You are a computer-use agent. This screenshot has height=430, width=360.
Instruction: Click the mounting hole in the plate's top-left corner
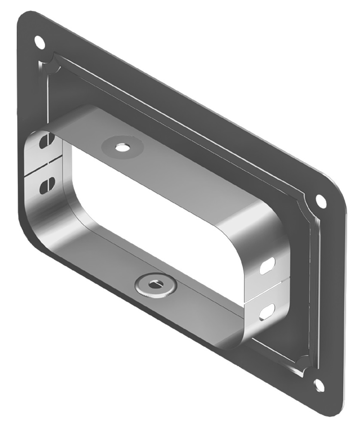point(39,42)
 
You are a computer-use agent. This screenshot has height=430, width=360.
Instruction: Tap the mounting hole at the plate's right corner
point(320,200)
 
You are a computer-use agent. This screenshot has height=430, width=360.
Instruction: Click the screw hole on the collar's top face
point(121,147)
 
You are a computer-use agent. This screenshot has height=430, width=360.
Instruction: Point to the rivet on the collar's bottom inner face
point(155,284)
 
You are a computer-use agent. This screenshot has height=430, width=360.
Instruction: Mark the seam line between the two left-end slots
point(43,166)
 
